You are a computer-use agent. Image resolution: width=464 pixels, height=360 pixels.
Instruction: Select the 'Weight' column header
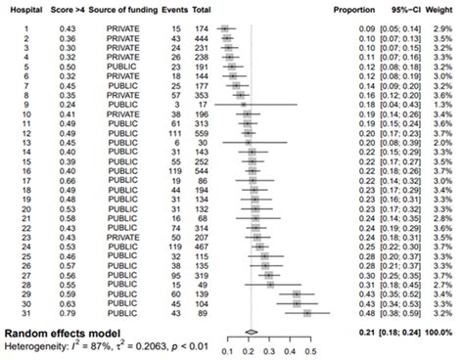coord(442,9)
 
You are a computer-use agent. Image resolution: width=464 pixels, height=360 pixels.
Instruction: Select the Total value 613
coord(203,124)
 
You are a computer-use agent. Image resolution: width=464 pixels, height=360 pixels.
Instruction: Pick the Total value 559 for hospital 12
coord(203,134)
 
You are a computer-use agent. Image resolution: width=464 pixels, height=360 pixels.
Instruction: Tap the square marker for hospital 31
coord(307,313)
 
